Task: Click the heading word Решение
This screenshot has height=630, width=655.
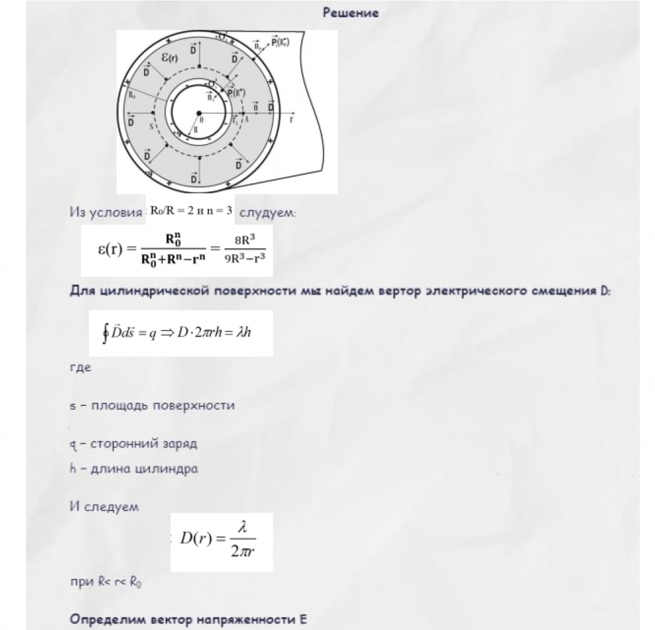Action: (350, 13)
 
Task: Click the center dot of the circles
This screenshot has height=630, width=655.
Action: (199, 114)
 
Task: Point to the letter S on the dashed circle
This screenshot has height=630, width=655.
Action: (151, 128)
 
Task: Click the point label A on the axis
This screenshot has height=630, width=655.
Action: (246, 120)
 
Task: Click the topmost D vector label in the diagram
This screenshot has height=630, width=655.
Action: (194, 50)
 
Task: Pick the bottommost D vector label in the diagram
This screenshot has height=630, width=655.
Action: (194, 178)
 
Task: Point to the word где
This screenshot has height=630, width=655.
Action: (80, 367)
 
